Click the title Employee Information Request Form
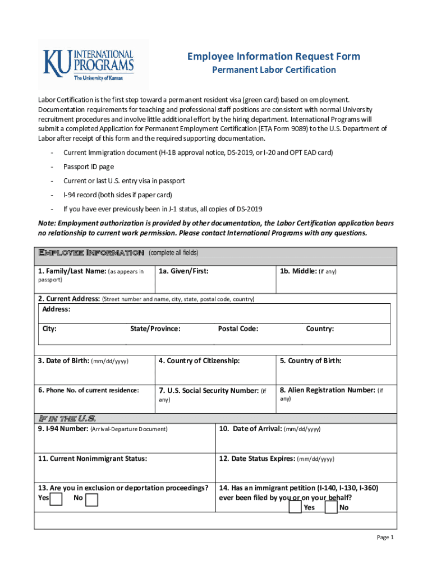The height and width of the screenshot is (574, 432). (x=273, y=57)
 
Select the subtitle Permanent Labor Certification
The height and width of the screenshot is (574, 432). (x=273, y=70)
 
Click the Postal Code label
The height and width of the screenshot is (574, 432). (x=238, y=328)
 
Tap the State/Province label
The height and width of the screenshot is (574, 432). (x=155, y=328)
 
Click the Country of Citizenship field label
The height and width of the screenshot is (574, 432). (x=199, y=360)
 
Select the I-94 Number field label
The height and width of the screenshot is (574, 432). (x=62, y=429)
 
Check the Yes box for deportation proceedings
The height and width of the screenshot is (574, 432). (x=56, y=499)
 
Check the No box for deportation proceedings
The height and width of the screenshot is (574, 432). (x=91, y=499)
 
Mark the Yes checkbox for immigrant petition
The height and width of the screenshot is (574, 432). (x=295, y=507)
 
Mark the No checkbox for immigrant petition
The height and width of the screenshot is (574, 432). (x=331, y=507)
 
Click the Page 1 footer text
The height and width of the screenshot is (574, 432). (x=385, y=538)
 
